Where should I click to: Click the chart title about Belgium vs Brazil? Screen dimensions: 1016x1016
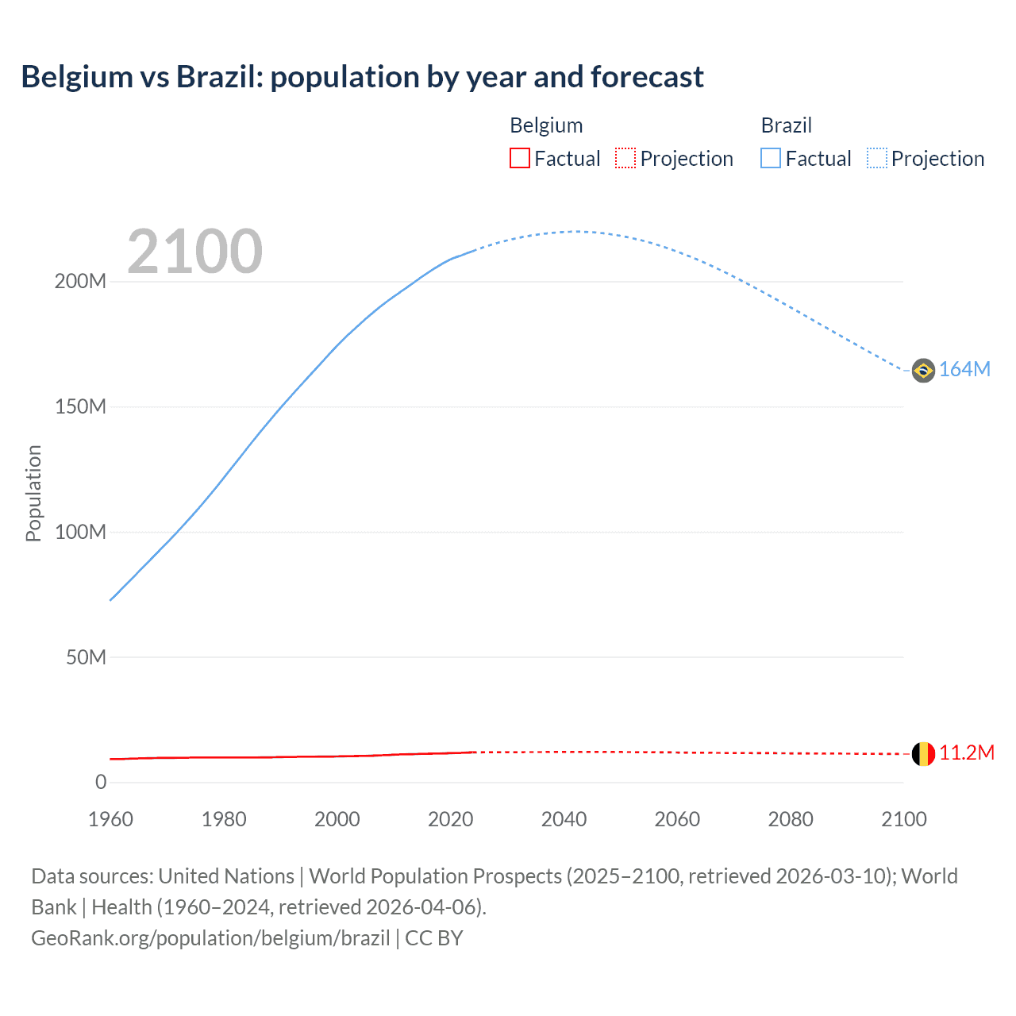pyautogui.click(x=362, y=77)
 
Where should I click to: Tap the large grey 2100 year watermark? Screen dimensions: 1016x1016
pyautogui.click(x=194, y=252)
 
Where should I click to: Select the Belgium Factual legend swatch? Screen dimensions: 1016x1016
pyautogui.click(x=519, y=159)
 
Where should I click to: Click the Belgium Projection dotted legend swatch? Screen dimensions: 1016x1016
pyautogui.click(x=625, y=159)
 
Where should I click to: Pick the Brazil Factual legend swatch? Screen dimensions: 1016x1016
pyautogui.click(x=771, y=159)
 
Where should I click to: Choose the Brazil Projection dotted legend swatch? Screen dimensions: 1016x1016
pyautogui.click(x=877, y=159)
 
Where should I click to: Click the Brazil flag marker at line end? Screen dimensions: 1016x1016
pyautogui.click(x=923, y=370)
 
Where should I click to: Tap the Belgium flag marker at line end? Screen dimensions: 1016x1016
pyautogui.click(x=923, y=754)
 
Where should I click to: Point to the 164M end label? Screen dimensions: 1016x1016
pyautogui.click(x=964, y=370)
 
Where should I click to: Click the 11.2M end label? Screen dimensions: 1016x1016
pyautogui.click(x=966, y=753)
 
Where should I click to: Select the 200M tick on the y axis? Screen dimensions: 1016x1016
pyautogui.click(x=80, y=282)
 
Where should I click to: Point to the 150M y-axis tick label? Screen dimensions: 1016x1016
pyautogui.click(x=80, y=407)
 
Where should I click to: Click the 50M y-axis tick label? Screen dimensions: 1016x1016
pyautogui.click(x=86, y=657)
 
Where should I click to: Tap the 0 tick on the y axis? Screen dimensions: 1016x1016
pyautogui.click(x=101, y=783)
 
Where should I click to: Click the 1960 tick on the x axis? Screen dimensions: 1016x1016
pyautogui.click(x=110, y=819)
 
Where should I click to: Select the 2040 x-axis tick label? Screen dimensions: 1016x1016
pyautogui.click(x=564, y=819)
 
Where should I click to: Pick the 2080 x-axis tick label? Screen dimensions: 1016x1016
pyautogui.click(x=791, y=819)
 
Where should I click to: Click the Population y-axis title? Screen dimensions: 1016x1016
pyautogui.click(x=33, y=493)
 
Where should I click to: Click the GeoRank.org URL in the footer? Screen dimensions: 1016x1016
pyautogui.click(x=210, y=938)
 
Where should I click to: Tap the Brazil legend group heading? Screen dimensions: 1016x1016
pyautogui.click(x=786, y=125)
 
